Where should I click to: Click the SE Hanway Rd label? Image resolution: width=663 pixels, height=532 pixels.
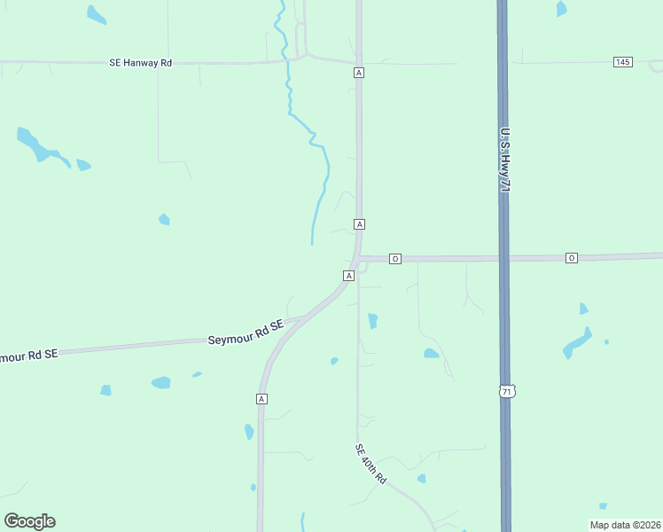point(140,63)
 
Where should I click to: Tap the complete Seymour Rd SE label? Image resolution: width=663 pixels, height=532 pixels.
point(246,332)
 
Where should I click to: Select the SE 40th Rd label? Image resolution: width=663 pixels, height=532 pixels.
point(371,464)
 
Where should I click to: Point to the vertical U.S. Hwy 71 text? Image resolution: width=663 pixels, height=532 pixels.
point(504,160)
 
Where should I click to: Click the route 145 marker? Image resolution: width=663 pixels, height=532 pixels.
point(622,61)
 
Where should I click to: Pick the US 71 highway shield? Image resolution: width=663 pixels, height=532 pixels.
point(506,391)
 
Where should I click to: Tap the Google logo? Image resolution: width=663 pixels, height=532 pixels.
point(29,521)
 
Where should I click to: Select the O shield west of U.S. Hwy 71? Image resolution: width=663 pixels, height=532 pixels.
point(395,259)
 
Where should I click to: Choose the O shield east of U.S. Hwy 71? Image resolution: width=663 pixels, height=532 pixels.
point(572,258)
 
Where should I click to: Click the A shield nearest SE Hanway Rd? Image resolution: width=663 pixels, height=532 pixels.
point(358,73)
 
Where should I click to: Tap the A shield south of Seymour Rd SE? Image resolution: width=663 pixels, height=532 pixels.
point(261,399)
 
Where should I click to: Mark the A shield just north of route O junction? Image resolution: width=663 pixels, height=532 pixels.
point(359,224)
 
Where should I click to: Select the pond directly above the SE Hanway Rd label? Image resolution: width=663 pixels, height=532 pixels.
point(96,14)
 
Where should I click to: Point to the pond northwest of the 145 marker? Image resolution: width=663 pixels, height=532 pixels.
point(561,9)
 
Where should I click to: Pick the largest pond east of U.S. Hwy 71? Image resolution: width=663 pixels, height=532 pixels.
point(578,342)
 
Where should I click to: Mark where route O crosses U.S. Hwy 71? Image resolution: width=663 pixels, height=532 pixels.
point(503,258)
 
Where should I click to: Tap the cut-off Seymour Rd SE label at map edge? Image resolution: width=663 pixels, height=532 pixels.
point(27,355)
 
